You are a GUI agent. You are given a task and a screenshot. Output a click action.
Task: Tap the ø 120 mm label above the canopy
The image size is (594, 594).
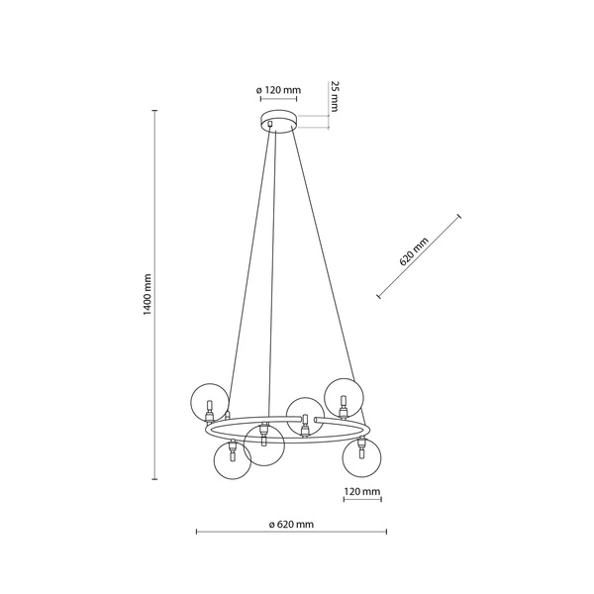pyautogui.click(x=278, y=91)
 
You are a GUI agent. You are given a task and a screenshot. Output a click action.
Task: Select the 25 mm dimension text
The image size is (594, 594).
pyautogui.click(x=335, y=96)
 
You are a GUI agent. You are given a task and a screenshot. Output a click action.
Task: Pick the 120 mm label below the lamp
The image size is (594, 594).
pyautogui.click(x=362, y=491)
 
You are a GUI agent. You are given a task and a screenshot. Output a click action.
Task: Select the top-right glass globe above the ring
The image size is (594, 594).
pyautogui.click(x=345, y=396)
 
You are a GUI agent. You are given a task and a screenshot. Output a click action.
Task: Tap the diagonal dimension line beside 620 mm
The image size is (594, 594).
pyautogui.click(x=420, y=256)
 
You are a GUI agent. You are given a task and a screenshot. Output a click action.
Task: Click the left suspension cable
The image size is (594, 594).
pyautogui.click(x=247, y=257)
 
